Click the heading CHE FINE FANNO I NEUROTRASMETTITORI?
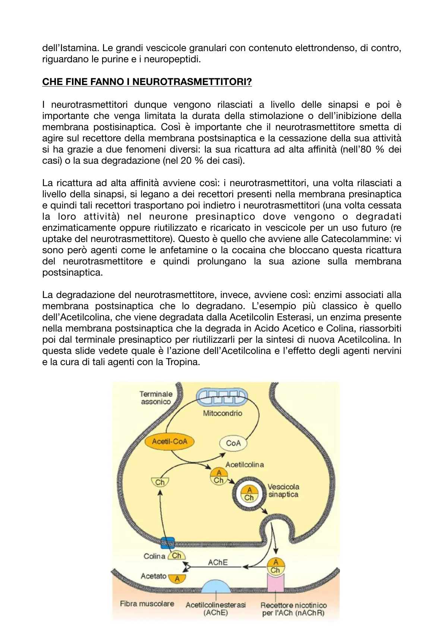[x=147, y=82]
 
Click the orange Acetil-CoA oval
[x=170, y=442]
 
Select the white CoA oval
[x=233, y=443]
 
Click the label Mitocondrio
[x=223, y=413]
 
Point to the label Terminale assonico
[x=156, y=398]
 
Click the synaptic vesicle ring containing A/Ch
[x=249, y=494]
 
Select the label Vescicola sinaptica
[x=283, y=490]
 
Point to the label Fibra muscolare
[x=147, y=603]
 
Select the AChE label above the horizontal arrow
[x=218, y=562]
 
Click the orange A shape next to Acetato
[x=177, y=578]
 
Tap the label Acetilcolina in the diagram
[x=245, y=465]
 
